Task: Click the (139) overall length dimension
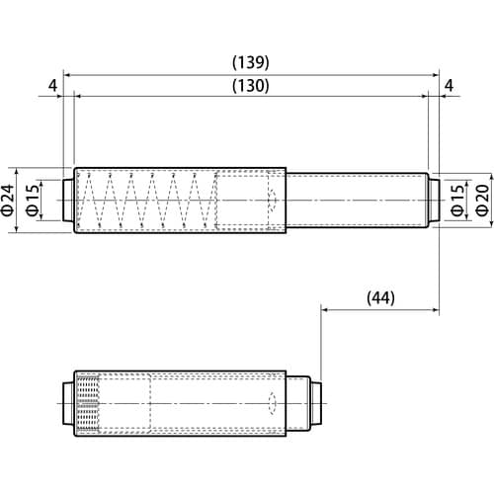click(251, 62)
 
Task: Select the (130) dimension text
click(251, 86)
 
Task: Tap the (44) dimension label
click(380, 298)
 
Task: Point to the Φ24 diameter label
click(9, 200)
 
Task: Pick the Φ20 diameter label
click(483, 200)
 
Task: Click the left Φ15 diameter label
click(32, 200)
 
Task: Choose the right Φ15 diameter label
click(457, 200)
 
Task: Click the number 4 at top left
click(52, 86)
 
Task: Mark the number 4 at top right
click(449, 86)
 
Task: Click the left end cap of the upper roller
click(68, 200)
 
